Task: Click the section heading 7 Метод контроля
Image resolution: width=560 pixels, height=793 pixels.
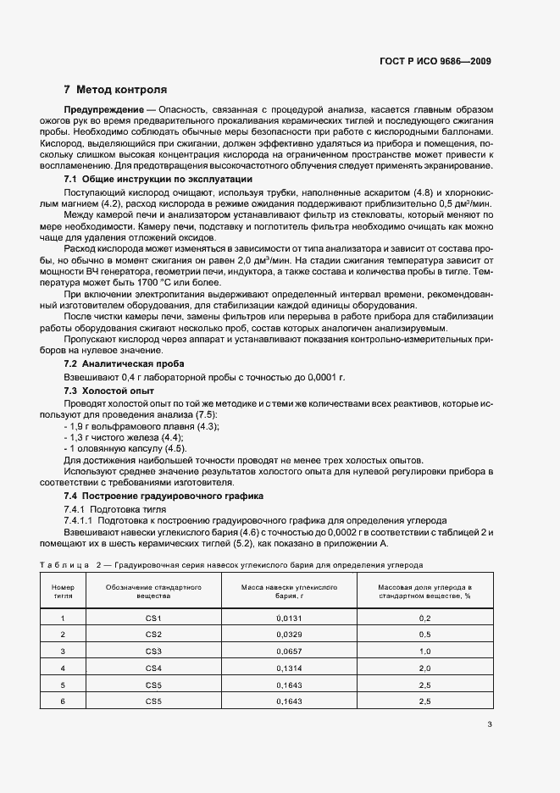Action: click(115, 89)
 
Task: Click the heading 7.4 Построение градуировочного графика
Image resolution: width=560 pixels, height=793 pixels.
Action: click(164, 495)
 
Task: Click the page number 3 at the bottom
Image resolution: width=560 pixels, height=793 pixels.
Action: click(490, 724)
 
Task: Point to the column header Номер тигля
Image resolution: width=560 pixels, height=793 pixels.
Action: click(63, 591)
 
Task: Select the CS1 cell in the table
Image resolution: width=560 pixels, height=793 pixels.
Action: click(153, 618)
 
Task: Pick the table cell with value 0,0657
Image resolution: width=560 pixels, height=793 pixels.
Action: click(289, 651)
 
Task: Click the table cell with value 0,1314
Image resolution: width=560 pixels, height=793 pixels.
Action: click(289, 668)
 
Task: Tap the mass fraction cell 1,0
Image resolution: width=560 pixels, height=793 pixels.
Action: click(424, 651)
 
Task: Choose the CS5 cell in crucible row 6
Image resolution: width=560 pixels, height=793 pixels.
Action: click(153, 701)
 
